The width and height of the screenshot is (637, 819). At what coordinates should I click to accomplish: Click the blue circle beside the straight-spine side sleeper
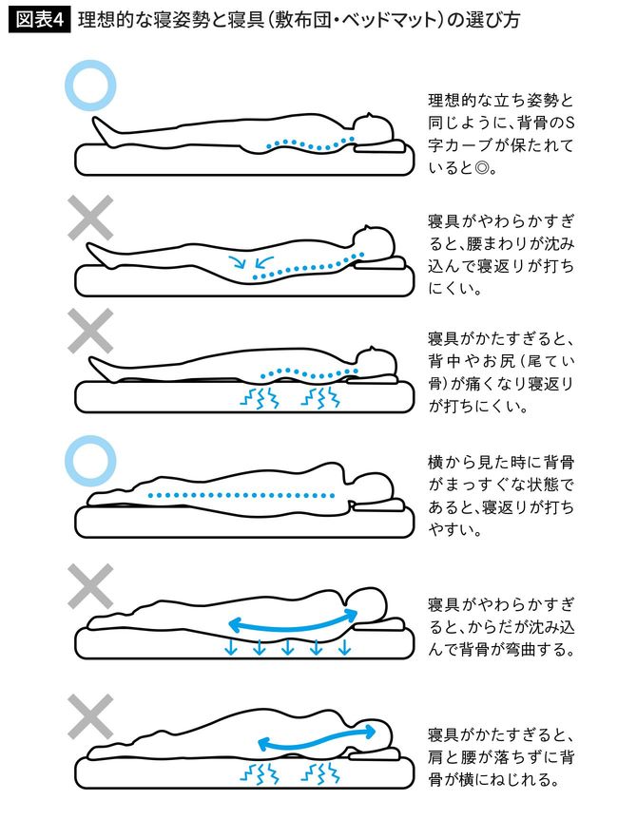(92, 461)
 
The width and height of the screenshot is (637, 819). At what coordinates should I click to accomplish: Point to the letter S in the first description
(570, 124)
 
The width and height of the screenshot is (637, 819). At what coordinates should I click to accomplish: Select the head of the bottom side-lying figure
(374, 730)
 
